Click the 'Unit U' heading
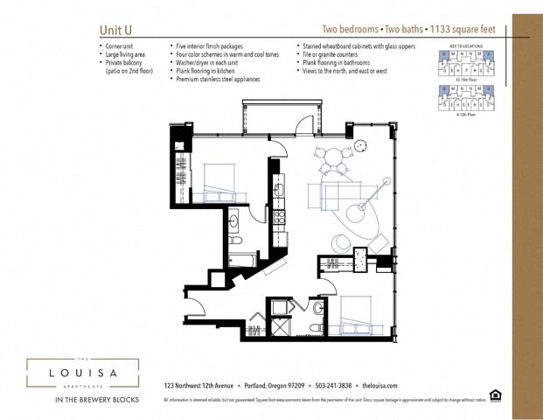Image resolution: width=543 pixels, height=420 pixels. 115,31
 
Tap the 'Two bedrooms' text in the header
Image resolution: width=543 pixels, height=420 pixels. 352,30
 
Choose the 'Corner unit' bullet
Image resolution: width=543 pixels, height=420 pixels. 125,46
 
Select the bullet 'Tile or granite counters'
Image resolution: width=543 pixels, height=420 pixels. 335,54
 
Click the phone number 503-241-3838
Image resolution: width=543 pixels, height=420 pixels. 333,386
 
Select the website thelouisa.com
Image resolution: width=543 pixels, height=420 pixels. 380,386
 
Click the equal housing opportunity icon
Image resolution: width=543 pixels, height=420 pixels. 496,395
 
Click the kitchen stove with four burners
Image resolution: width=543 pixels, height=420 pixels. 280,217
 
